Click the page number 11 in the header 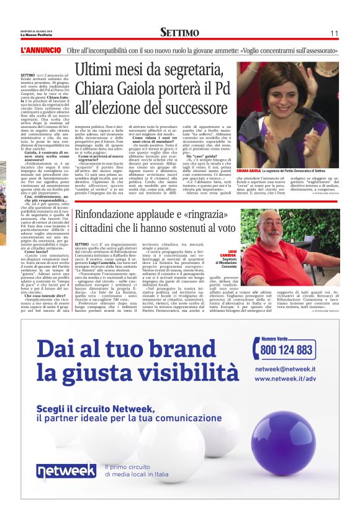tap(333, 33)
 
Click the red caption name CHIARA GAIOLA tap(248, 170)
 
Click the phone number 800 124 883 tap(286, 350)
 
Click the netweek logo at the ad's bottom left tap(66, 472)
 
